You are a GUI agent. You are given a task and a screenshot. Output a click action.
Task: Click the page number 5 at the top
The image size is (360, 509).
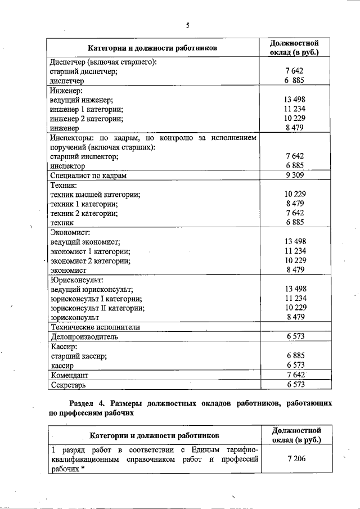click(188, 25)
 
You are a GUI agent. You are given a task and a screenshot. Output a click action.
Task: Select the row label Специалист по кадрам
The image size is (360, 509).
click(88, 176)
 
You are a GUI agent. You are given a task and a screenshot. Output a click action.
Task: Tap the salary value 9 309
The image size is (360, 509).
click(295, 176)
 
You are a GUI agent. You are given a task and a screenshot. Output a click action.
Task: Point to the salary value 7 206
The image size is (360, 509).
click(295, 460)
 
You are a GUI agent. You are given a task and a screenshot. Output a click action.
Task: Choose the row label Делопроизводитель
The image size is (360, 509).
click(84, 336)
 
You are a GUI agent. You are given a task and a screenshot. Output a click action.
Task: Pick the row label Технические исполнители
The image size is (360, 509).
click(95, 327)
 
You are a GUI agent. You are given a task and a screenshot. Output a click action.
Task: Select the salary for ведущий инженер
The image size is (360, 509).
click(295, 100)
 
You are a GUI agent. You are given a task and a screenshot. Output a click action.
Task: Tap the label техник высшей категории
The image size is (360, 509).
click(95, 195)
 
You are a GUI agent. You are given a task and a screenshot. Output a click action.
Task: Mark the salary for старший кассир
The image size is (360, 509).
click(295, 356)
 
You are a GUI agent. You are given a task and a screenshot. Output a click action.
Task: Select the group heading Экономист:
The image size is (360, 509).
click(70, 232)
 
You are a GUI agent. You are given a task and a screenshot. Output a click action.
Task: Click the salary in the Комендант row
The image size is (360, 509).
click(295, 375)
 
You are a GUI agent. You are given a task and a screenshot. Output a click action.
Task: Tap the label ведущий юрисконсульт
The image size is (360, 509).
click(91, 289)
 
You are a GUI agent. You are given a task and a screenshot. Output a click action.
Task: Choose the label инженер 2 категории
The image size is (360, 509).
click(87, 119)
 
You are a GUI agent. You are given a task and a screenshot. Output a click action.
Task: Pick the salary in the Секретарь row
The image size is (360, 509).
click(295, 385)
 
